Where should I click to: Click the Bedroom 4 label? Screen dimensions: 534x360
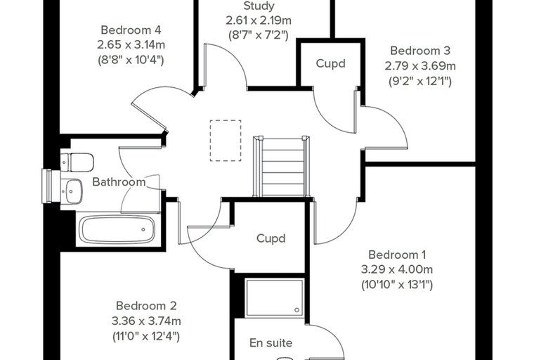131,30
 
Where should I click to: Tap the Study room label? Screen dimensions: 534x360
259,6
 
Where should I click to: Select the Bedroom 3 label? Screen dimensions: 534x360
420,51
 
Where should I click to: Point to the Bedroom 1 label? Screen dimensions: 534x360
397,255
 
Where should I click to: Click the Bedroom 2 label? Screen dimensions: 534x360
146,306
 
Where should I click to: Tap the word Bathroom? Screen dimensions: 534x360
119,181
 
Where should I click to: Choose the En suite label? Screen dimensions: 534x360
271,342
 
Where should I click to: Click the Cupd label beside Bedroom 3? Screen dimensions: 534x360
331,63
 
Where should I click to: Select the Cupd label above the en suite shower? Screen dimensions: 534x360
271,238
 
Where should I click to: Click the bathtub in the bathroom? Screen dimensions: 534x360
117,230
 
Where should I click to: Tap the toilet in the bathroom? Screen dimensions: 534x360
77,162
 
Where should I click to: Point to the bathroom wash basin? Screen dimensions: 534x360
72,191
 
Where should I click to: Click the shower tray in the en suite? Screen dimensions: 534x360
275,297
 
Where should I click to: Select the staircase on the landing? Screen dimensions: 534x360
281,167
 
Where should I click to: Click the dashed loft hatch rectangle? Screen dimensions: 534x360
226,141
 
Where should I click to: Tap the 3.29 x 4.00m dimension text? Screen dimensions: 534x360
397,269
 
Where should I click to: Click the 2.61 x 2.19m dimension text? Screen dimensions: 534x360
259,20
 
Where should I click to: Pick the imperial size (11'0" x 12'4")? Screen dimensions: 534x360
146,337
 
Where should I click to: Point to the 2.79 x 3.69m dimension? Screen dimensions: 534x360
420,65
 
